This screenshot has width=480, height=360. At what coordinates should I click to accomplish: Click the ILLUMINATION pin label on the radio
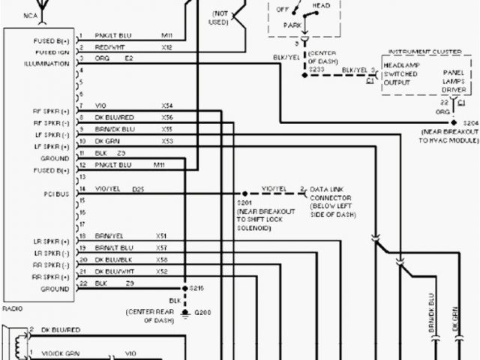46,63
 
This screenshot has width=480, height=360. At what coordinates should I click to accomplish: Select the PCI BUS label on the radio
56,193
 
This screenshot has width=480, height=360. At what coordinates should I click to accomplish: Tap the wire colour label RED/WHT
109,46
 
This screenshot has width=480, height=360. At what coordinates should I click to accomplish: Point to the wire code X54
167,106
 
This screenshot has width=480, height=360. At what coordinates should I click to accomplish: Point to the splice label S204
470,121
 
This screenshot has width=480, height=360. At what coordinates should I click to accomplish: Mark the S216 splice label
197,287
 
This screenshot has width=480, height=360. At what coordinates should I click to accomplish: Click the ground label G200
202,311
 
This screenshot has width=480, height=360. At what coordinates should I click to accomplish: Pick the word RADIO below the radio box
13,307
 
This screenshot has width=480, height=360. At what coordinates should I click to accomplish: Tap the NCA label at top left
11,14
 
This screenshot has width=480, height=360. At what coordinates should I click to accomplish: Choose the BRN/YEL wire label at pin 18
109,235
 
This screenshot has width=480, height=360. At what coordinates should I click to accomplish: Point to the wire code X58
161,259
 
